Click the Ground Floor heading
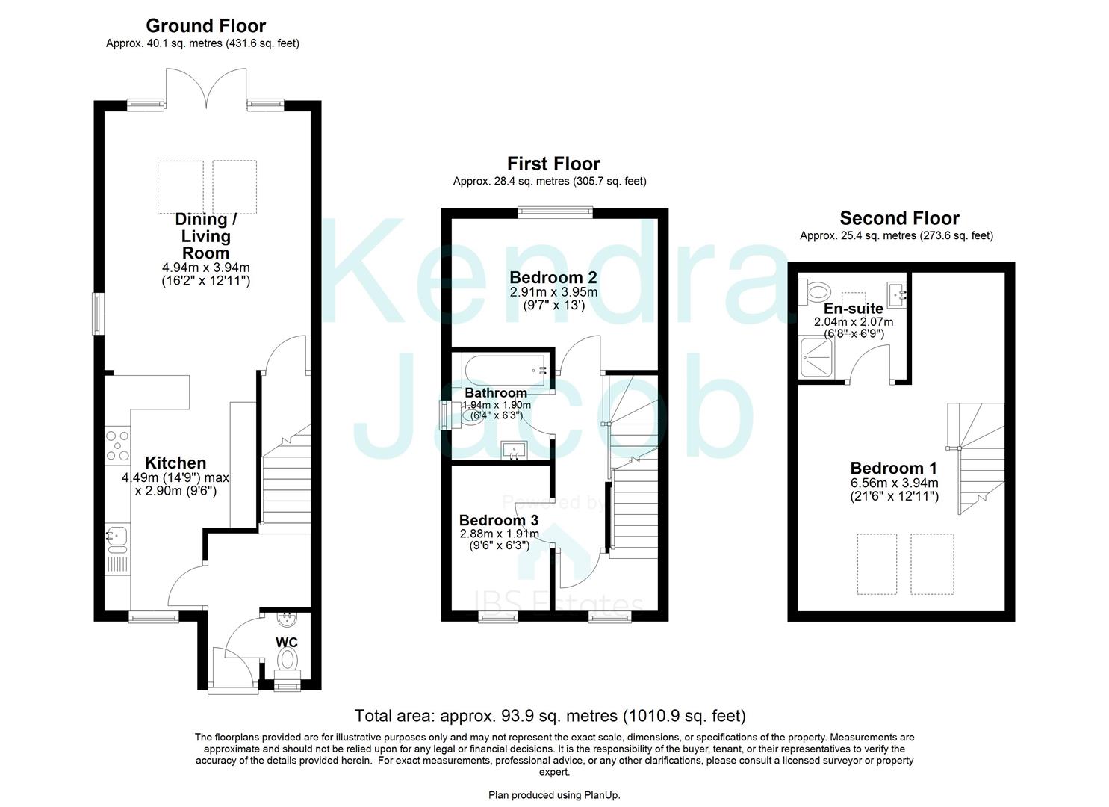[x=205, y=26]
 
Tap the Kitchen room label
[x=175, y=463]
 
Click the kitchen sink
[x=117, y=535]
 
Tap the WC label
[x=287, y=643]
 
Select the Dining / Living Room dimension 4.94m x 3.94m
[x=206, y=268]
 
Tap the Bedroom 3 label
[x=498, y=520]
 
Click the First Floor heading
[x=553, y=164]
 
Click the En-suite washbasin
[x=897, y=294]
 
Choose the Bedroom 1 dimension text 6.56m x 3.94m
[x=894, y=483]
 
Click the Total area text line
[x=550, y=716]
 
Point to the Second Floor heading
[x=899, y=218]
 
